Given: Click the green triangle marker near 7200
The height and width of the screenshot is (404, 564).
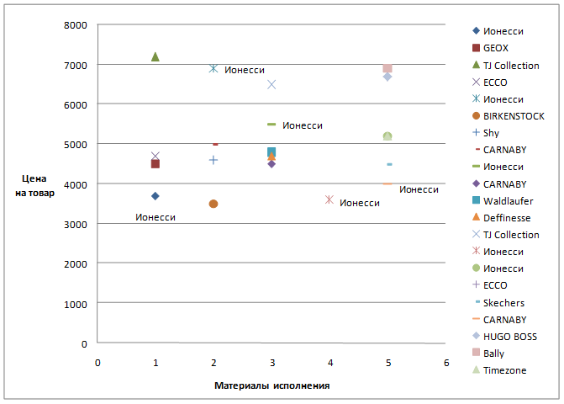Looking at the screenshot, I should pos(155,56).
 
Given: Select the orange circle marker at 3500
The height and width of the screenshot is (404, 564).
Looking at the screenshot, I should pos(213,204).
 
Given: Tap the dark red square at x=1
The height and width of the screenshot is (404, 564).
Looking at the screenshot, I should pos(155,163).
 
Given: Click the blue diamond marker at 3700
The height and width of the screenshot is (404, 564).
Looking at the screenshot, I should pos(155,196).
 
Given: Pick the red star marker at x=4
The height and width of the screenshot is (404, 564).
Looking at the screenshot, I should pos(329,199).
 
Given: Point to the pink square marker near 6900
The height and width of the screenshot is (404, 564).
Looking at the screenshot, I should pos(387,68).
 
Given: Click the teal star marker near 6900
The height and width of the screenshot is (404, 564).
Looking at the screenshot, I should pos(213,68).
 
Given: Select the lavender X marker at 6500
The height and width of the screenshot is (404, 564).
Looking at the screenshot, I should pos(271,84).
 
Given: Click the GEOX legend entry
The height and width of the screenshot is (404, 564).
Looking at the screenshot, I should pos(496,48).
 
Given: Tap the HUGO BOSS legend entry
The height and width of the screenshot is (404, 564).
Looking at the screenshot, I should pos(510,337).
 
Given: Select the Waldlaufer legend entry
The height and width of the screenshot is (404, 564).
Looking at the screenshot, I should pos(509,201).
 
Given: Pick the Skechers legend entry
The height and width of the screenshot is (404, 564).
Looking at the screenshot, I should pos(504,303).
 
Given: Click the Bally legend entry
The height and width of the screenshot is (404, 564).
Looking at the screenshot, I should pos(496,353).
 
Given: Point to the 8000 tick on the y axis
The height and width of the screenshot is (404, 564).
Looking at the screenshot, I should pos(76,24).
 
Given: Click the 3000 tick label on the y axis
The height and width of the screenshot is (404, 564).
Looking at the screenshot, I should pos(76,224).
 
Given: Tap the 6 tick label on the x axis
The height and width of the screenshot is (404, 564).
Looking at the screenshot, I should pos(446,362).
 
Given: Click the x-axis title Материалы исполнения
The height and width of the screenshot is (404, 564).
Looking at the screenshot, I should pos(271,385).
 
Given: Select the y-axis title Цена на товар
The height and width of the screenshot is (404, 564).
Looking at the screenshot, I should pos(40,187).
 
